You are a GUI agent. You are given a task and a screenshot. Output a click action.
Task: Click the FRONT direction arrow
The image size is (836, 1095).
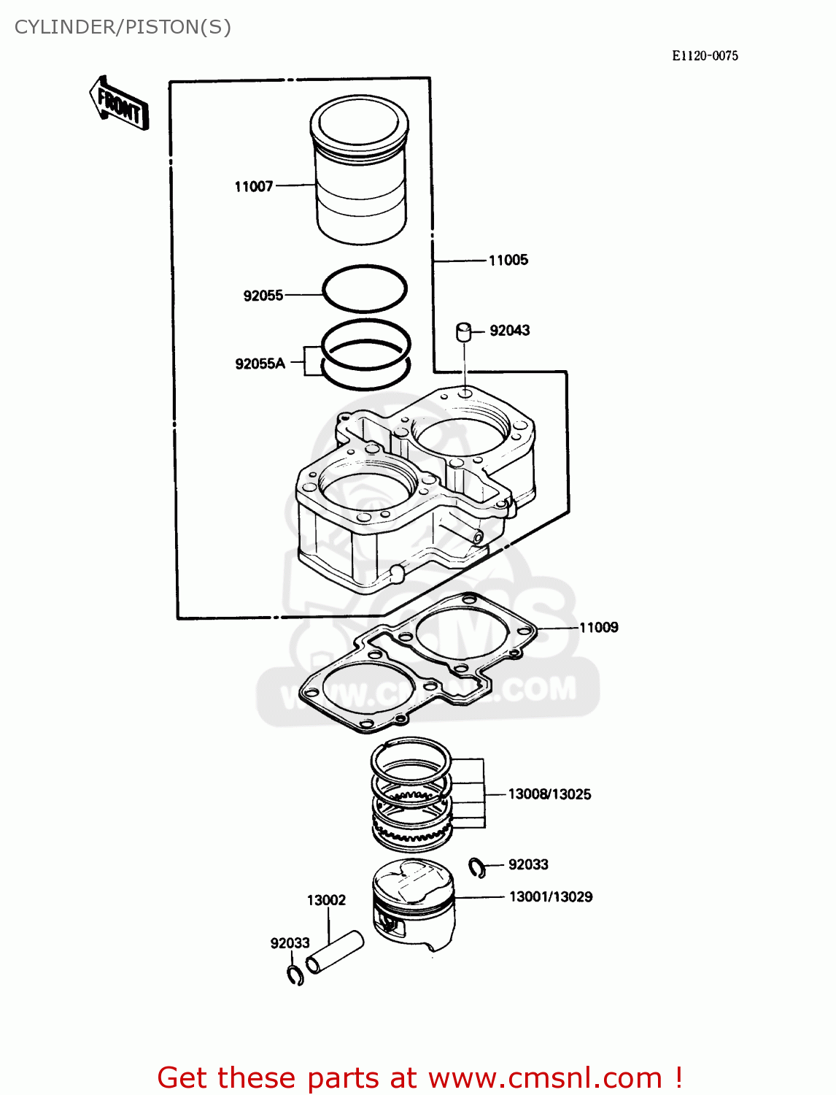119,104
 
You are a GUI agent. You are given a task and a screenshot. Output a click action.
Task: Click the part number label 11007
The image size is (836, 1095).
253,187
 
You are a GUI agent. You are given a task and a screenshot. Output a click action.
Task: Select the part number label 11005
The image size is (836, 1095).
508,261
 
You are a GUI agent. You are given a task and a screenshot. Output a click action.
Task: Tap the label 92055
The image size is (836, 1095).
263,296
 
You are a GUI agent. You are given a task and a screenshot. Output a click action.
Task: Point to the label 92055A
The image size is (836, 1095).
260,364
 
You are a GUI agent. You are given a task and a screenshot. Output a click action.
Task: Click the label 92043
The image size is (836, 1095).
509,331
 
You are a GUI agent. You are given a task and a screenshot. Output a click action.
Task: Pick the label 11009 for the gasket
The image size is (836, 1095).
598,628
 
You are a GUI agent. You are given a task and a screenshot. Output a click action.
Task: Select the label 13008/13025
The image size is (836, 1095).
549,794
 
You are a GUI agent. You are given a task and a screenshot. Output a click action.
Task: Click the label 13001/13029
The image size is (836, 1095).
550,897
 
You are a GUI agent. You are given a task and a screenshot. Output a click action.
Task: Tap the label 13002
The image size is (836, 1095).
326,900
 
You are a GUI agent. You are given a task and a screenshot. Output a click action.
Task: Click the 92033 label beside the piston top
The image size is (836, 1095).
528,865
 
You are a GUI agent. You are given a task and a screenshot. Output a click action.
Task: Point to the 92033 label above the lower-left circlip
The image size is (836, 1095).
290,943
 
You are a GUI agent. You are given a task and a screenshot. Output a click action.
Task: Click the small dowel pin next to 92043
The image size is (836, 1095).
463,331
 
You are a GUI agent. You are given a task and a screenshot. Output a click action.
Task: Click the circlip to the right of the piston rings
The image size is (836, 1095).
477,867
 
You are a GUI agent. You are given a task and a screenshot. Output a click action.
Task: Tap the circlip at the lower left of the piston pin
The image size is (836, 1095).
295,975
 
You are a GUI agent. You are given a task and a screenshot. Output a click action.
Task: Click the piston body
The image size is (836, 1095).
413,905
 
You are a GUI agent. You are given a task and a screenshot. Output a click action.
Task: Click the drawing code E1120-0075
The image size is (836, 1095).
705,56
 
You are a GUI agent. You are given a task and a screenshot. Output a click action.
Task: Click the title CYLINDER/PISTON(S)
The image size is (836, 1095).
123,27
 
